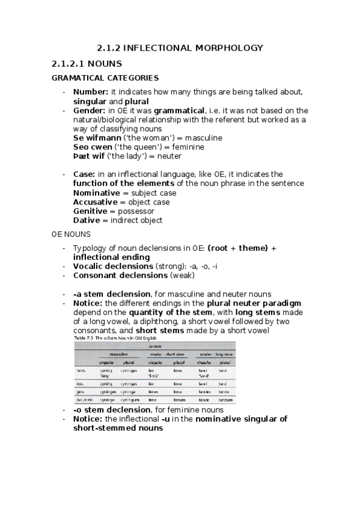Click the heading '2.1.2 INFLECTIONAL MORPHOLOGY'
[x=180, y=48]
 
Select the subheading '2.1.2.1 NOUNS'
[x=87, y=63]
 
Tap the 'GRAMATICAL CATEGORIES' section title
[x=105, y=78]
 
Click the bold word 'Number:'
[x=91, y=92]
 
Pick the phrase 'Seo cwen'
[x=93, y=147]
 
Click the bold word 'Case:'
[x=85, y=174]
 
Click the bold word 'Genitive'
[x=91, y=211]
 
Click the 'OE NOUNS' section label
[x=71, y=235]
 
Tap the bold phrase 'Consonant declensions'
[x=120, y=275]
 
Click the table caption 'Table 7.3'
[x=84, y=339]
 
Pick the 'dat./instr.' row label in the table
[x=84, y=399]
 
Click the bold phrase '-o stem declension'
[x=112, y=410]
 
